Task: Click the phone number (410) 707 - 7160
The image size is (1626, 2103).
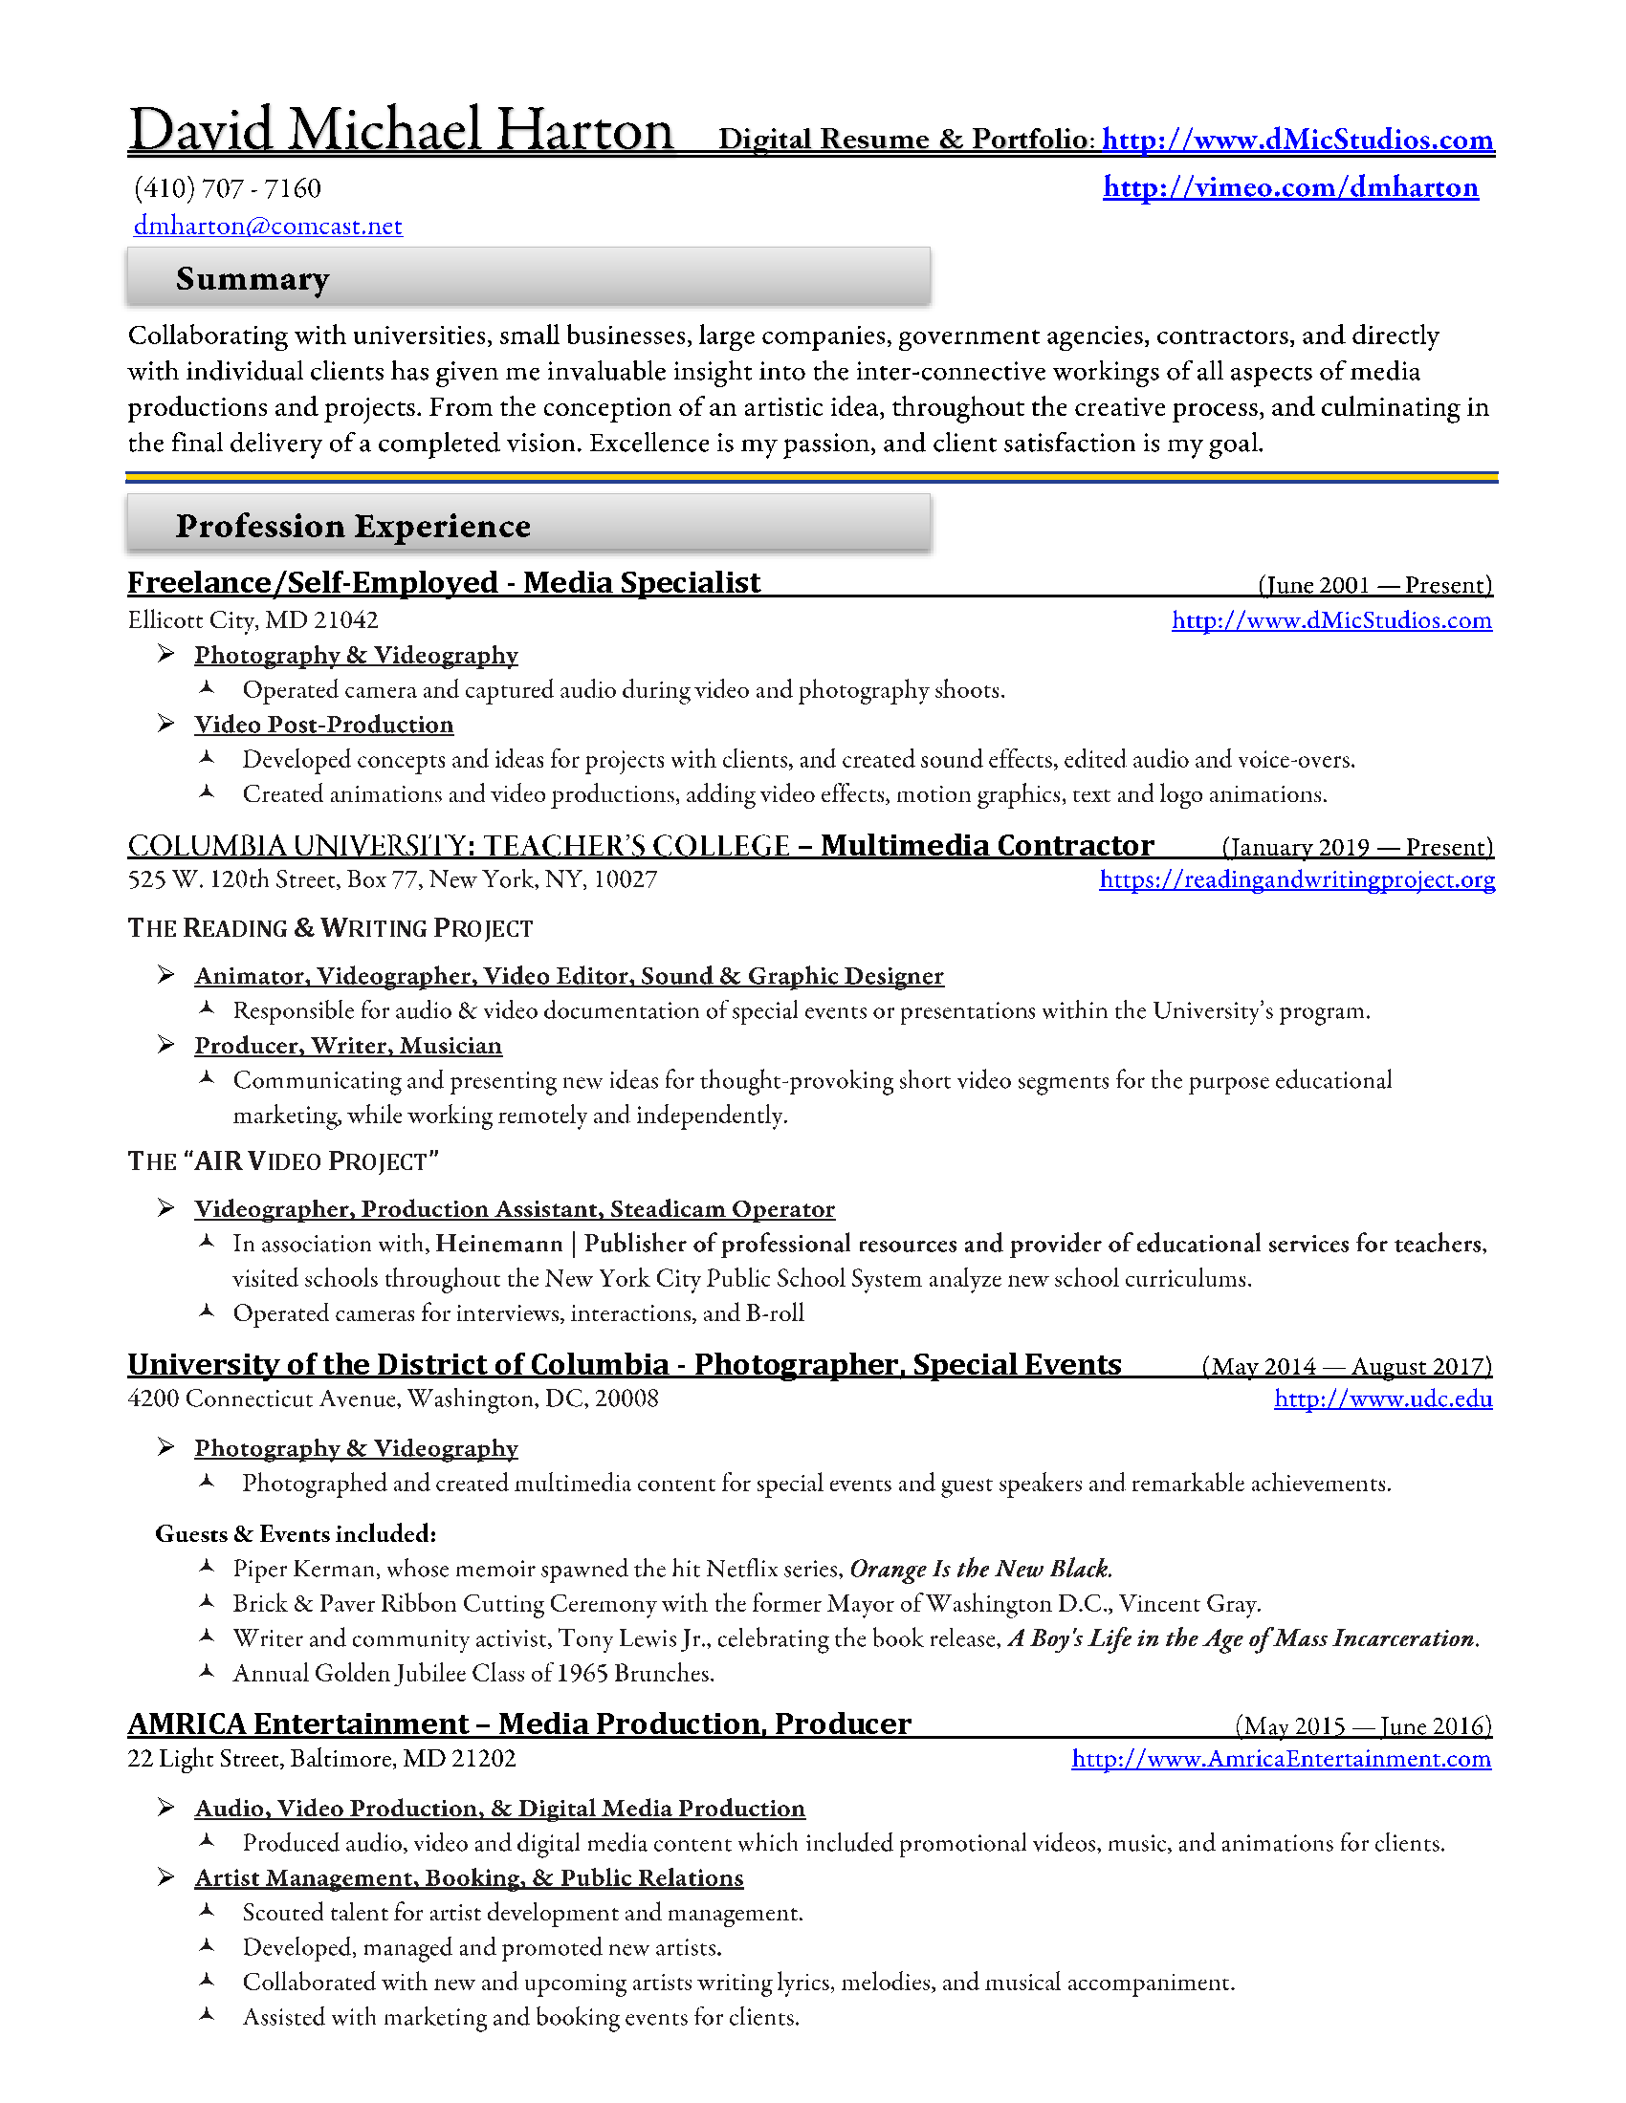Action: coord(228,188)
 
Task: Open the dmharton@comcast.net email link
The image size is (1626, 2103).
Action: coord(268,227)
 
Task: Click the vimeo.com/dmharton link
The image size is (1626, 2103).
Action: coord(1290,186)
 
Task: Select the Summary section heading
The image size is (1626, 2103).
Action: coord(253,279)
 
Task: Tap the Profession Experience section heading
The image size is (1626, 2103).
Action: coord(353,527)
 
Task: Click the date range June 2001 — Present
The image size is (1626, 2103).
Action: coord(1374,585)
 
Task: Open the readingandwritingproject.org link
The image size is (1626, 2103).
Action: coord(1297,879)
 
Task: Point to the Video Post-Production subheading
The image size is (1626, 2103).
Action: coord(323,726)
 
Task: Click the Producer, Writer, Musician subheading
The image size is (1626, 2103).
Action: coord(348,1046)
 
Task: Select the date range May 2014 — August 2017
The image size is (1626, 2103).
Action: coord(1347,1366)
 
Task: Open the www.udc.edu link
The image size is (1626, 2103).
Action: coord(1382,1399)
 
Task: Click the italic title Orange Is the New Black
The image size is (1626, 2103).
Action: coord(979,1570)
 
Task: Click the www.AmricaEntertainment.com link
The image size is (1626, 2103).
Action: coord(1280,1759)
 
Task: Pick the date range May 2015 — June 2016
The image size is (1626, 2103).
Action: coord(1363,1725)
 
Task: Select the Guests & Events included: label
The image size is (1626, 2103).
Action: coord(296,1534)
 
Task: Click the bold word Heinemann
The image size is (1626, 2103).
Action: coord(498,1244)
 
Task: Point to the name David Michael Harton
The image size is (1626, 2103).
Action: coord(401,130)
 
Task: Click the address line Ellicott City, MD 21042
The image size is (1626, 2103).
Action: coord(253,620)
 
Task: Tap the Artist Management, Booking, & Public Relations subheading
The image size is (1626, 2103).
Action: coord(468,1877)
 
